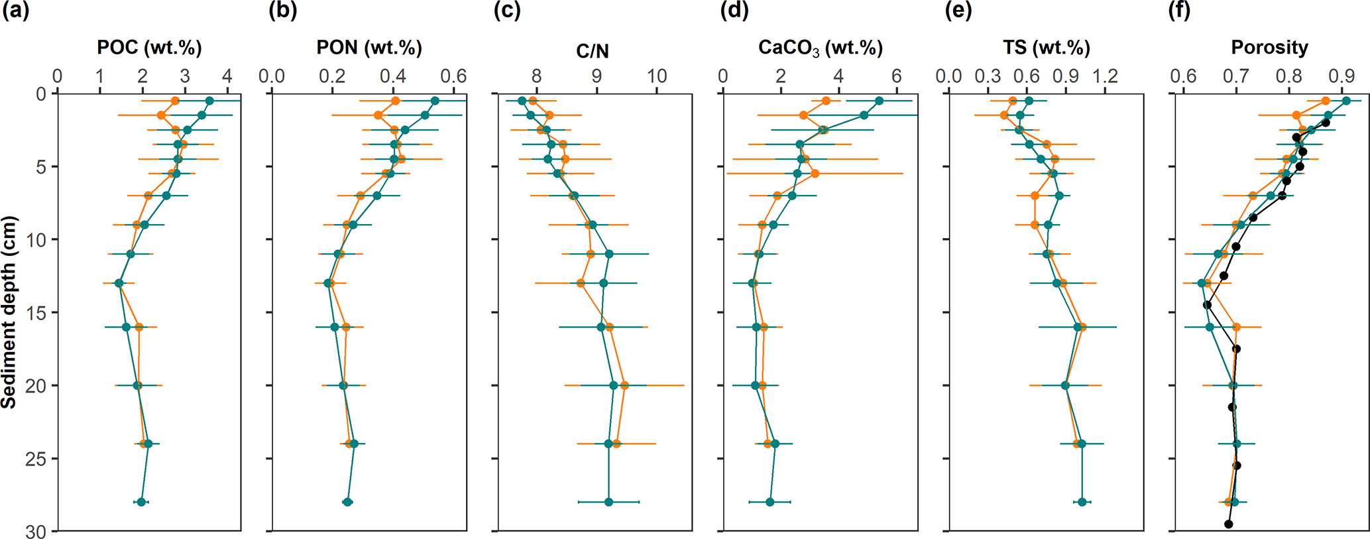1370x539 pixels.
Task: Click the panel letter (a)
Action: [x=16, y=11]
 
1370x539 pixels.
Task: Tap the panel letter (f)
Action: [x=1179, y=11]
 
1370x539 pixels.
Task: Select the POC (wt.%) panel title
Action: [x=149, y=48]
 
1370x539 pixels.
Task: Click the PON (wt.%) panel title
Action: [x=369, y=48]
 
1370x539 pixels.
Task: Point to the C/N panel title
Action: [x=593, y=51]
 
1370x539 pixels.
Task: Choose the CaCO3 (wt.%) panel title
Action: [x=821, y=48]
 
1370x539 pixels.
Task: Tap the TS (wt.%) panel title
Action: [x=1047, y=48]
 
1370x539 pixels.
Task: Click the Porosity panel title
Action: [x=1269, y=48]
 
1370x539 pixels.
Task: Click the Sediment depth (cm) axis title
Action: [x=9, y=312]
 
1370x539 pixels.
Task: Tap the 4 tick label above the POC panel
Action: [x=227, y=76]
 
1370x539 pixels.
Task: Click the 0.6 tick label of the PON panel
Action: [x=453, y=76]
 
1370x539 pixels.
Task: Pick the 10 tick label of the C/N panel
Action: [x=657, y=76]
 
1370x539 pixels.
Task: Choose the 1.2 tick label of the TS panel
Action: [x=1105, y=76]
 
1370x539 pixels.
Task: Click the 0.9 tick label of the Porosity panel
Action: [x=1342, y=76]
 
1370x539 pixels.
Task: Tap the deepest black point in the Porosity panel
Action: [x=1228, y=524]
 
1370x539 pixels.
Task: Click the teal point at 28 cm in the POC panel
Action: [x=141, y=502]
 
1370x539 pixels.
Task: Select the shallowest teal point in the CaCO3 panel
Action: [x=879, y=101]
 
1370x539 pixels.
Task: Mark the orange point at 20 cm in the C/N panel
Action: [x=624, y=385]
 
